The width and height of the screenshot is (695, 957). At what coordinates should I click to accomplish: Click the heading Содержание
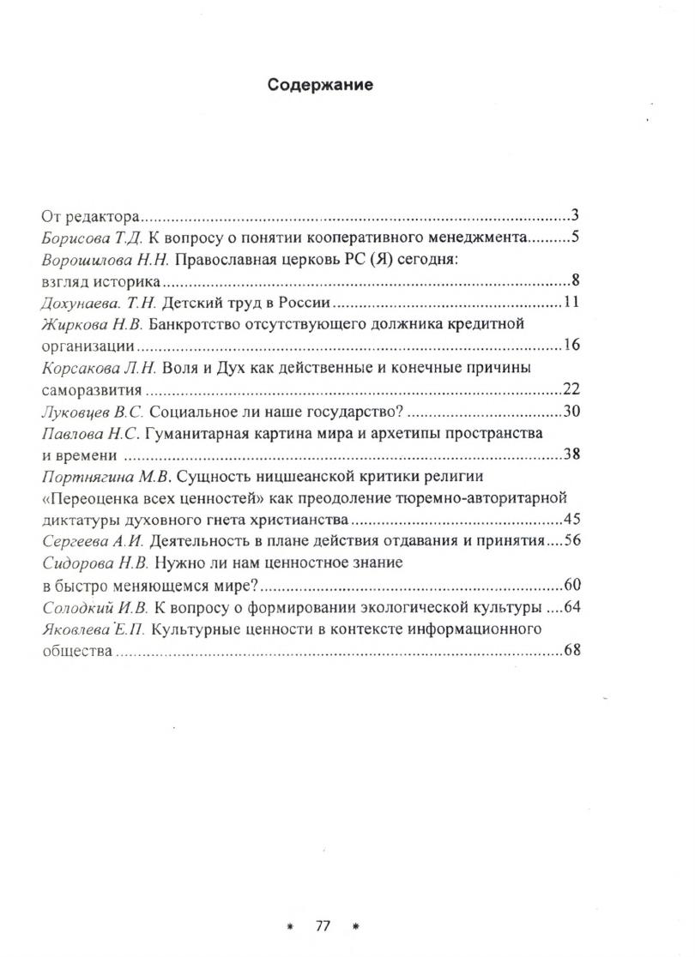pyautogui.click(x=320, y=85)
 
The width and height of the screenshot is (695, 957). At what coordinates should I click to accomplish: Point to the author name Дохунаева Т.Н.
pyautogui.click(x=94, y=303)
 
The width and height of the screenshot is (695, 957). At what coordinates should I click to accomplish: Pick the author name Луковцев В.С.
pyautogui.click(x=94, y=411)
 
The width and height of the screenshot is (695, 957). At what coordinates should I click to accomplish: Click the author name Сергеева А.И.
pyautogui.click(x=94, y=541)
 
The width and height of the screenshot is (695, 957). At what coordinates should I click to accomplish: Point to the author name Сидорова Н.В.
pyautogui.click(x=96, y=563)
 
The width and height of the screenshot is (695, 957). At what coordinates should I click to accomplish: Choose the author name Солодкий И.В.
pyautogui.click(x=94, y=607)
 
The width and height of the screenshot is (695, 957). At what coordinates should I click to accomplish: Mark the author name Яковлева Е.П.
pyautogui.click(x=96, y=629)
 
